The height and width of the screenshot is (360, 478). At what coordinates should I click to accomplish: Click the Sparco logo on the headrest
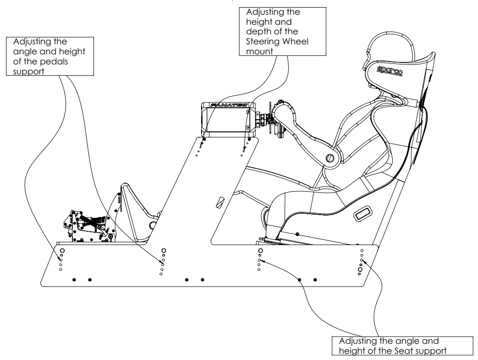(x=390, y=69)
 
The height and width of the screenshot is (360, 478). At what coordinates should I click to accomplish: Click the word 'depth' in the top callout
(x=258, y=31)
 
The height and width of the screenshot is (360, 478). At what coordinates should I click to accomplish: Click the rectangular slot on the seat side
(x=364, y=213)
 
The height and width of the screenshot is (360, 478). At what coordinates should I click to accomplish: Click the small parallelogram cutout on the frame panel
(x=219, y=203)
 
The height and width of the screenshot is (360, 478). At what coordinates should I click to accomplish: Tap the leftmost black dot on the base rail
(x=74, y=279)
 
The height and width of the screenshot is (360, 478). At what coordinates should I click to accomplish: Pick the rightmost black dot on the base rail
(x=315, y=279)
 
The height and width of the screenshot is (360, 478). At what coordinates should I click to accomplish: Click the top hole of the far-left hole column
(x=62, y=250)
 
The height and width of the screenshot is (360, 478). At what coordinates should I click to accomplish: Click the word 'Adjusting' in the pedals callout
(x=34, y=41)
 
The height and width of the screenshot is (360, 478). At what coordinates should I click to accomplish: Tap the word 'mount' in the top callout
(x=260, y=51)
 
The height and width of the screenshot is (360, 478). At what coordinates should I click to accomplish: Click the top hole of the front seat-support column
(x=260, y=251)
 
